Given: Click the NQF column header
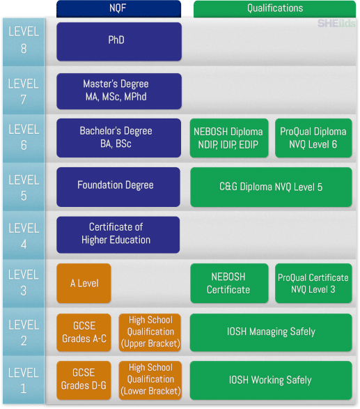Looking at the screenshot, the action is point(118,8).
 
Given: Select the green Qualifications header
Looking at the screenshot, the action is point(275,9).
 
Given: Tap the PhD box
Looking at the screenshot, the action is point(119,42).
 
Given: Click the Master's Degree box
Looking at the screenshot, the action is point(119,91).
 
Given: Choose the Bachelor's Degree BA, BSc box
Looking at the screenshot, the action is point(118,138).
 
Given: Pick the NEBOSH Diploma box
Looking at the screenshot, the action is point(229,138).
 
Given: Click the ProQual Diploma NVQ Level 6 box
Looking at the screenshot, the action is point(313,138).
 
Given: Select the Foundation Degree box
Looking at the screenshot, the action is point(118,187).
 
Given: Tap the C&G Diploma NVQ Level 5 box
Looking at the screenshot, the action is point(271,187).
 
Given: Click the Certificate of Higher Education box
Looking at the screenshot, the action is point(118,235).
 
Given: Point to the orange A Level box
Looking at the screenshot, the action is point(84,283).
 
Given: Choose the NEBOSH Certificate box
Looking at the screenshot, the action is point(229,283).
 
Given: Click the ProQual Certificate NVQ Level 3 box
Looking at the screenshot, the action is point(313,283).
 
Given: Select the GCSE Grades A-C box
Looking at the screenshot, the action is point(84,332).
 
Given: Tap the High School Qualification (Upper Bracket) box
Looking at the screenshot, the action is point(150,332).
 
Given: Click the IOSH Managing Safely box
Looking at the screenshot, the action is point(271,332).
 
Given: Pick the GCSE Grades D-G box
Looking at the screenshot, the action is point(84,380).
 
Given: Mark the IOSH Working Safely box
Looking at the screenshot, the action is point(271,380).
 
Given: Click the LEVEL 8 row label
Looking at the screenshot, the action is point(24,42).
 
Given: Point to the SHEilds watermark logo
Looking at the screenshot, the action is point(336,24).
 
